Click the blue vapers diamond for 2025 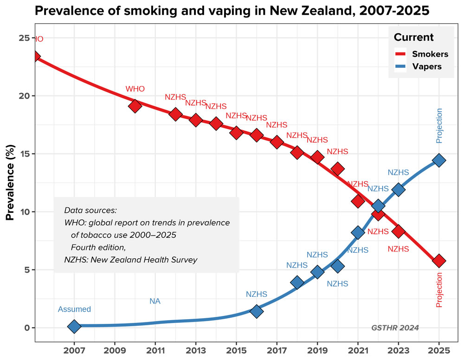tap(439, 160)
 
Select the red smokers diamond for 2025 tap(439, 261)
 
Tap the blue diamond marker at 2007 tap(74, 327)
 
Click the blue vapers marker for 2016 tap(257, 311)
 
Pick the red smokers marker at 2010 tap(135, 106)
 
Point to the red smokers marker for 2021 tap(358, 201)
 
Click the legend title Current tap(413, 38)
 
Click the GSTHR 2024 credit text tap(395, 328)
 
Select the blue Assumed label tap(74, 309)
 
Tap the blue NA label tap(155, 302)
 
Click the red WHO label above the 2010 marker tap(135, 89)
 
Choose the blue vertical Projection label tap(439, 125)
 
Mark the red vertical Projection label tap(439, 289)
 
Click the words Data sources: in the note tap(90, 210)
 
